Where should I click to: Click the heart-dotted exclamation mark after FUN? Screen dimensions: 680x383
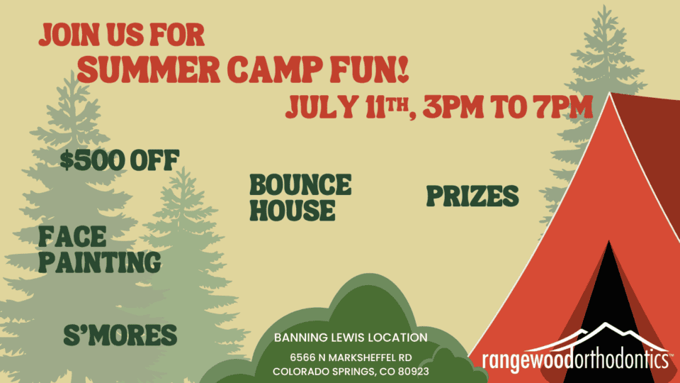pos(402,69)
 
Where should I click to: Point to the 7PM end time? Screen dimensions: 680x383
pos(563,107)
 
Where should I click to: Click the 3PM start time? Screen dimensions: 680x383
pos(453,107)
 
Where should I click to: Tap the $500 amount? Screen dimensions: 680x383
pos(92,160)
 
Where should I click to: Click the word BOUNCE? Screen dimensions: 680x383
pos(300,184)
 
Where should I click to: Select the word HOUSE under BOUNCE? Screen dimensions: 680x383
pos(293,210)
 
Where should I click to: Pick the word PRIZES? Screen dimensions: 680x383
pos(472,196)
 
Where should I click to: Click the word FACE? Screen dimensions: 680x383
pos(72,237)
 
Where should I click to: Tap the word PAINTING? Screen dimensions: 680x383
pos(99,262)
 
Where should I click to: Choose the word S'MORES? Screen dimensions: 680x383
pos(120,335)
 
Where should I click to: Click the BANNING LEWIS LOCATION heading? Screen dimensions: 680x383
pos(351,338)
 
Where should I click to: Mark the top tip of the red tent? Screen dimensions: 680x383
pos(610,93)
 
